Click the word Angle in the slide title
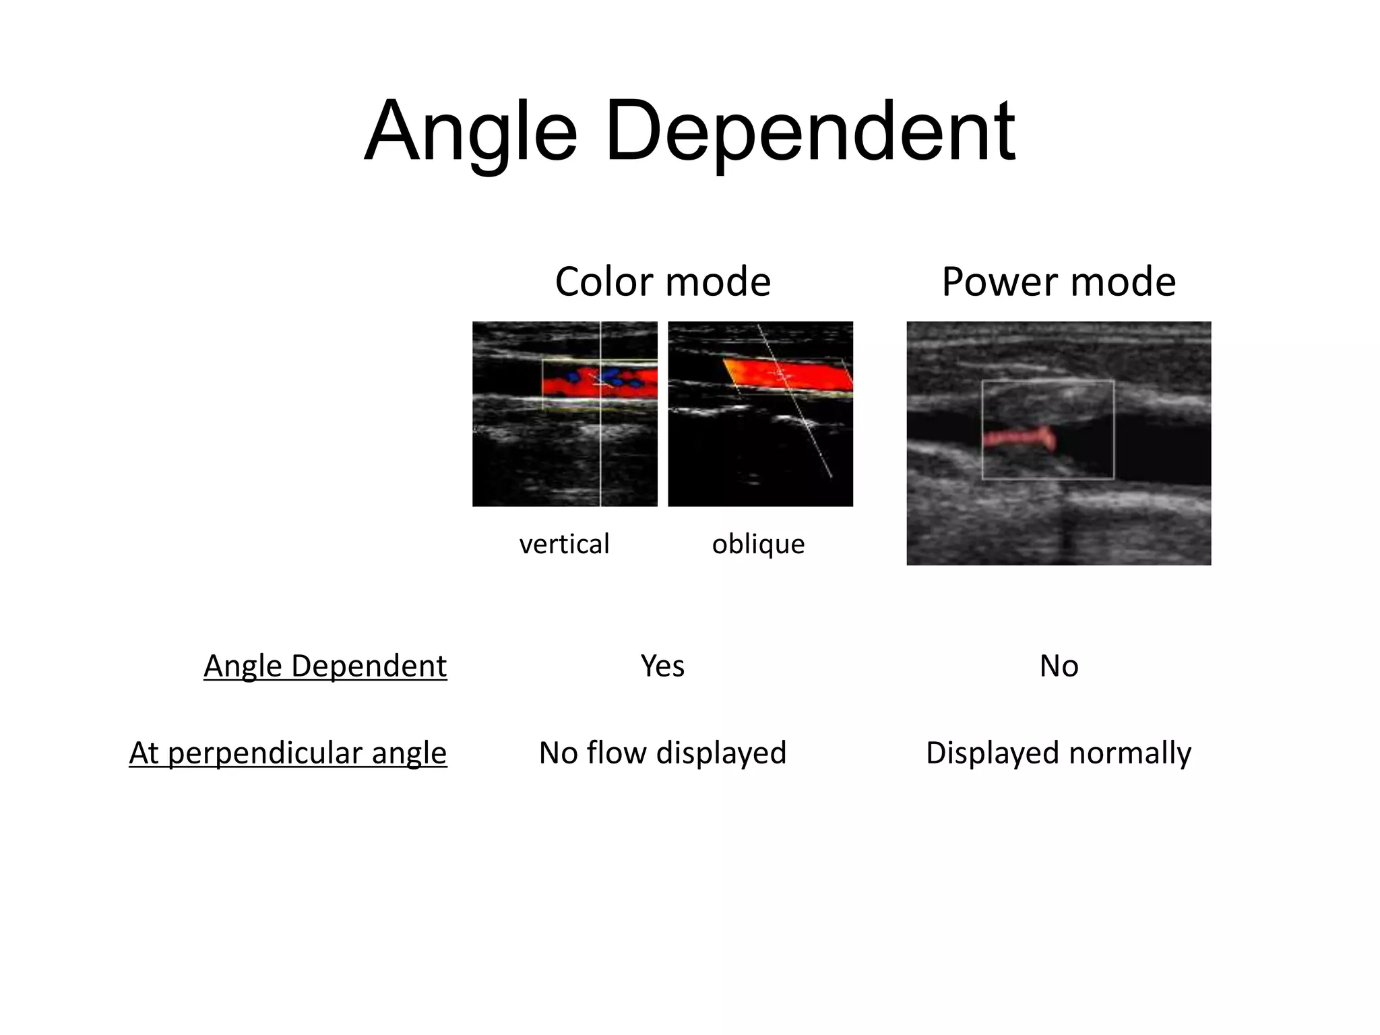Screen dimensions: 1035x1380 pyautogui.click(x=470, y=131)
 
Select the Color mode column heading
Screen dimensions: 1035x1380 pyautogui.click(x=662, y=282)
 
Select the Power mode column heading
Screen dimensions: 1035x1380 pyautogui.click(x=1059, y=282)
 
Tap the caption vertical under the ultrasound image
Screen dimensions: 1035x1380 pyautogui.click(x=564, y=544)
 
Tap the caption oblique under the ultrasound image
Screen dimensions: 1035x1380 pyautogui.click(x=758, y=544)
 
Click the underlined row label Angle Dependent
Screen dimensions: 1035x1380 pyautogui.click(x=325, y=666)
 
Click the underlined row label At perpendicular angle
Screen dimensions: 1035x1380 pyautogui.click(x=288, y=753)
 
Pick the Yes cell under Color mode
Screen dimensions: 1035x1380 pyautogui.click(x=662, y=666)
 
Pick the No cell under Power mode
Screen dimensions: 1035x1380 pyautogui.click(x=1059, y=666)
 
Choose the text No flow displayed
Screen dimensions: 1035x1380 pyautogui.click(x=662, y=753)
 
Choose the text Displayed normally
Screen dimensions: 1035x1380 pyautogui.click(x=1059, y=753)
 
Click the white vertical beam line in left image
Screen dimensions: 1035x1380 pyautogui.click(x=600, y=458)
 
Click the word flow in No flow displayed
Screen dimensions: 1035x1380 pyautogui.click(x=617, y=753)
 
